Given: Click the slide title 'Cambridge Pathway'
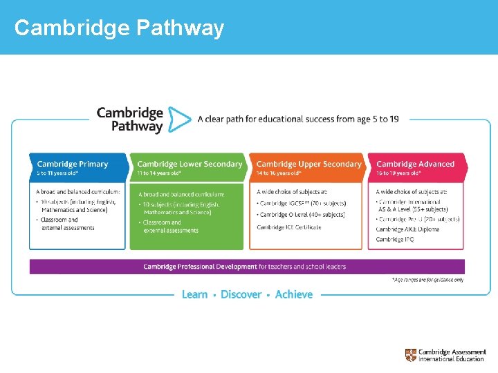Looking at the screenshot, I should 119,28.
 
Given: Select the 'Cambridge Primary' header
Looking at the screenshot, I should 73,164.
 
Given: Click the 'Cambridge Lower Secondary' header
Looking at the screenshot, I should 190,164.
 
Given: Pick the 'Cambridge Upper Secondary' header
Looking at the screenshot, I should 308,164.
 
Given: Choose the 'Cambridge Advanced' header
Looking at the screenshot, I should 415,164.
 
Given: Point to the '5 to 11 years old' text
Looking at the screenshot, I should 58,173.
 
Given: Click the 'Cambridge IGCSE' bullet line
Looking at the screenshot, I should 301,203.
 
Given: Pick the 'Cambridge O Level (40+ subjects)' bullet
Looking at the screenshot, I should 301,215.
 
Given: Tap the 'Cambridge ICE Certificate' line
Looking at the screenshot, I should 288,227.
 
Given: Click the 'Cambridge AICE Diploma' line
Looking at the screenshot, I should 407,229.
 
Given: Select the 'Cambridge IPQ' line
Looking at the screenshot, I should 394,239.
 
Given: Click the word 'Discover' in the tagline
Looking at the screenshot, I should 241,294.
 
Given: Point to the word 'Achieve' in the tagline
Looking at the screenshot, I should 294,294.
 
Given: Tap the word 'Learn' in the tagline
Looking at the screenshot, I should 194,294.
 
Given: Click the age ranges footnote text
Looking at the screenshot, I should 427,280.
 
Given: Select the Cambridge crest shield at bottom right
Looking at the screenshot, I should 411,355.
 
